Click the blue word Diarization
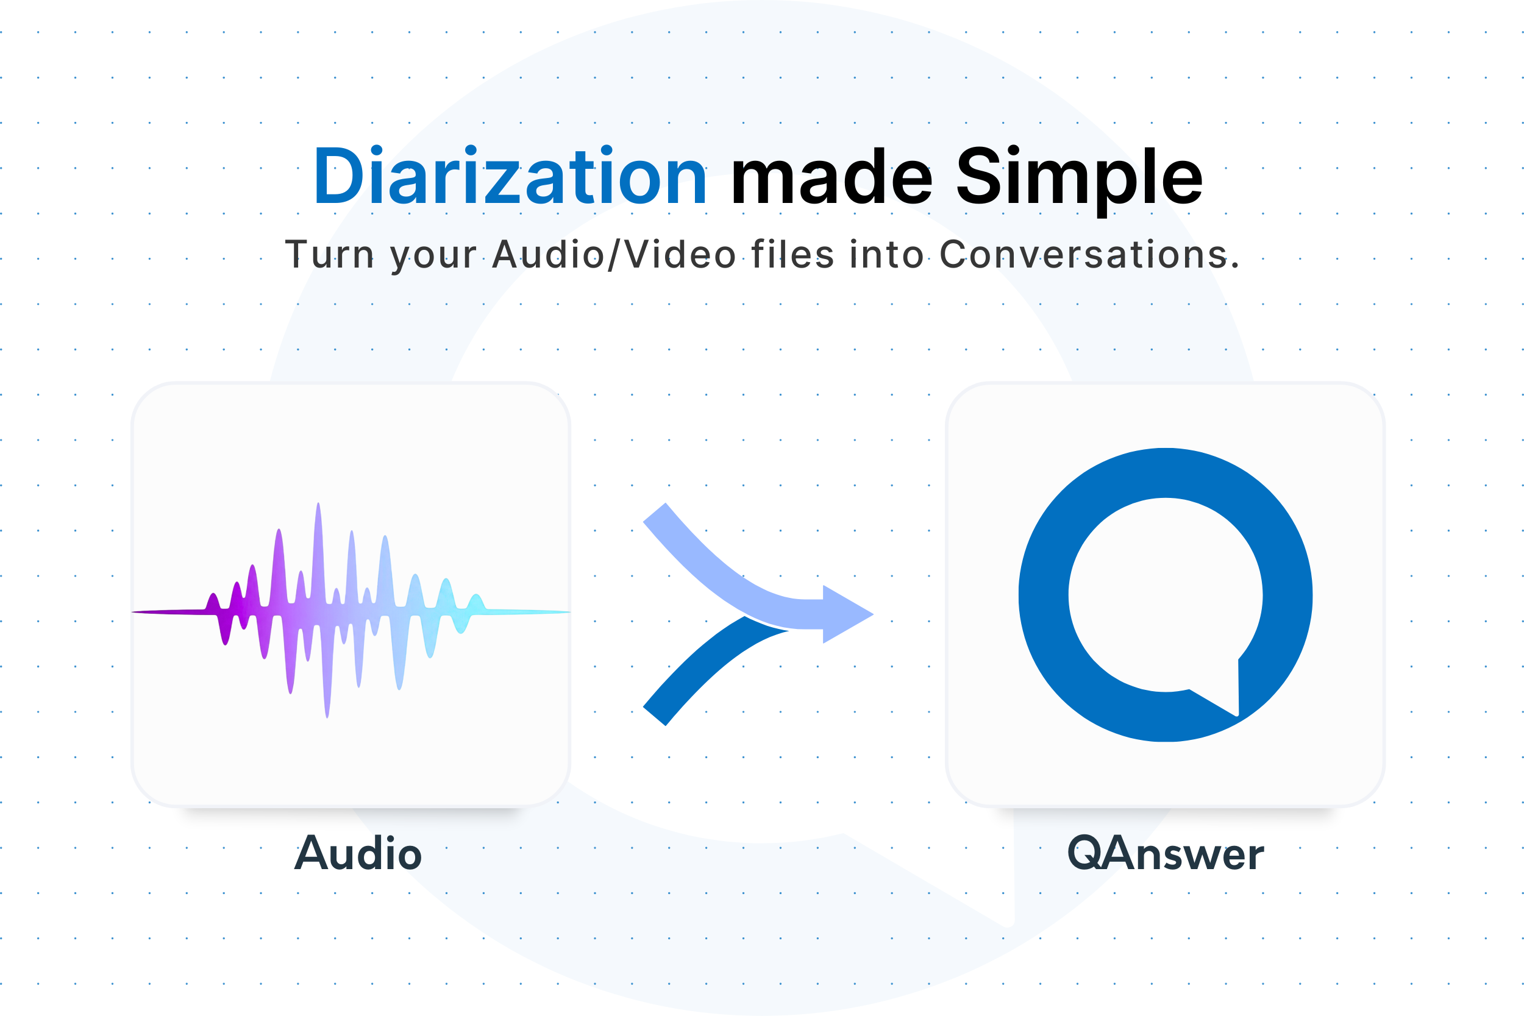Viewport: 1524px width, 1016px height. point(511,176)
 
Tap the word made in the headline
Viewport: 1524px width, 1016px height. point(831,176)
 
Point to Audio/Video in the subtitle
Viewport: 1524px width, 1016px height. point(614,254)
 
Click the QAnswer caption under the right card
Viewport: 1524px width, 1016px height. point(1165,854)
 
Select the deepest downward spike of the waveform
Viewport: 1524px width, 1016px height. point(327,709)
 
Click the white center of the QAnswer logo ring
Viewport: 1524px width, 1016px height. point(1165,594)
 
